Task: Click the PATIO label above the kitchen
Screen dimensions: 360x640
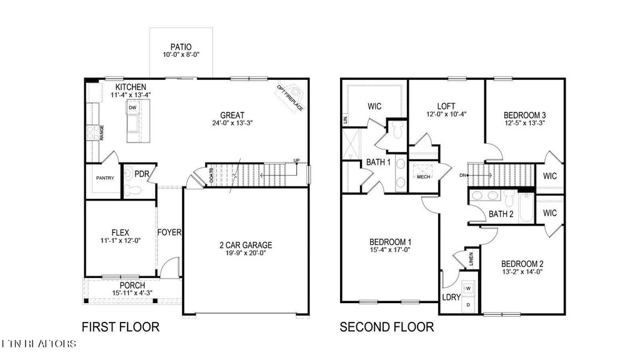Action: tap(181, 47)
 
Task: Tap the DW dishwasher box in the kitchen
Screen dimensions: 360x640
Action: tap(132, 108)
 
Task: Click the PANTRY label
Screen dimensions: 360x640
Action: tap(104, 178)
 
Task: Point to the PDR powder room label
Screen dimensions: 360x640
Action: tap(141, 173)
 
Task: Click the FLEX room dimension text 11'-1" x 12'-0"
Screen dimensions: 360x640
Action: tap(120, 241)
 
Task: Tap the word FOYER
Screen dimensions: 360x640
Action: tap(169, 232)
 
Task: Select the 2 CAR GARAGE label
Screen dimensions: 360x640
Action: tap(246, 245)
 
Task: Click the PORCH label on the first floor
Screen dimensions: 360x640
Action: tap(132, 286)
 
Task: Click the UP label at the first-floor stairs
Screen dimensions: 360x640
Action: tap(296, 161)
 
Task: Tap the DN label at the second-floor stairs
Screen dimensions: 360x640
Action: tap(462, 175)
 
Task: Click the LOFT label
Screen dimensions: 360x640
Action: tap(446, 106)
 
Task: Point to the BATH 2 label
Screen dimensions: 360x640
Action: tap(501, 214)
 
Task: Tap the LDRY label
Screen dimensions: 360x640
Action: tap(451, 297)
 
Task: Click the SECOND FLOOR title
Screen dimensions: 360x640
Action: tap(386, 327)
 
